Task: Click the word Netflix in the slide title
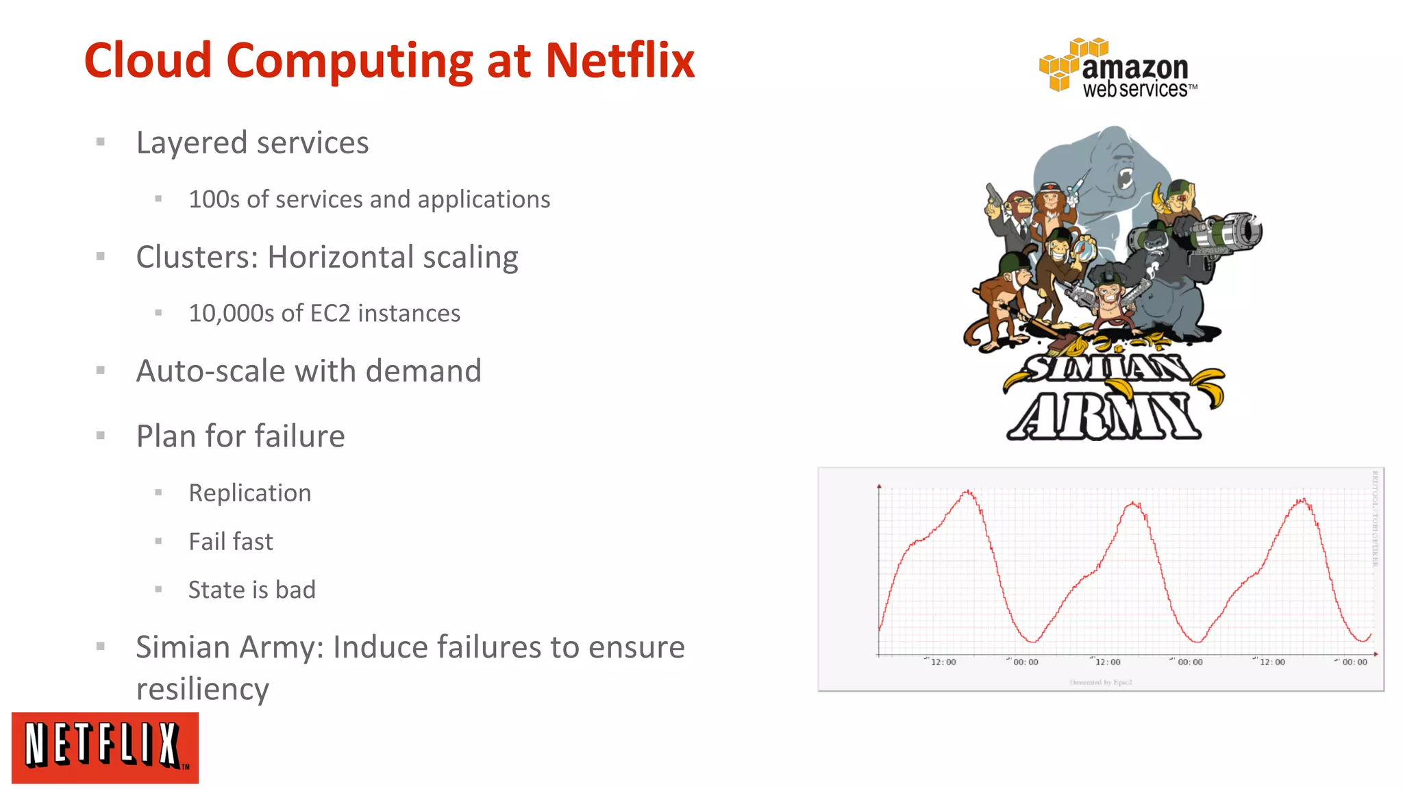pos(619,60)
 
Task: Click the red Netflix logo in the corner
pos(105,747)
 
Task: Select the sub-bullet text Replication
pos(249,493)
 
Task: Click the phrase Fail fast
pos(230,542)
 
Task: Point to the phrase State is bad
pos(251,590)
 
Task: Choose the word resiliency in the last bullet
pos(202,689)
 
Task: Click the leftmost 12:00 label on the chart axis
pos(943,662)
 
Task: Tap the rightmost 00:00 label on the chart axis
pos(1354,662)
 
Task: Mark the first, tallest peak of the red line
pos(968,492)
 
